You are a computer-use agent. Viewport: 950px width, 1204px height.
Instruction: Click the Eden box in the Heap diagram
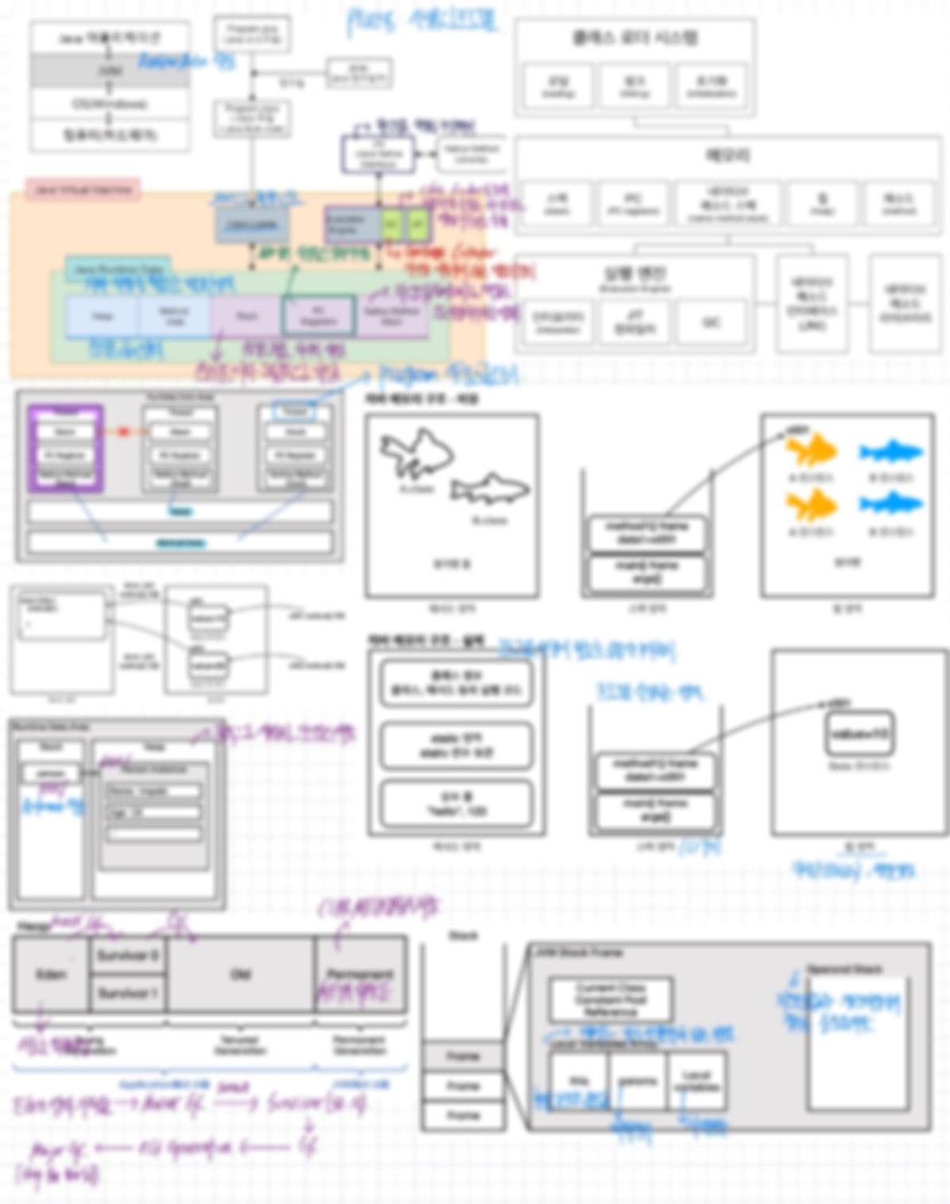click(50, 974)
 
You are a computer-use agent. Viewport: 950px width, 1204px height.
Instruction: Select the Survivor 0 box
click(127, 955)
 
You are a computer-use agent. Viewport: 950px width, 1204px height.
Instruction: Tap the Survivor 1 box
click(127, 993)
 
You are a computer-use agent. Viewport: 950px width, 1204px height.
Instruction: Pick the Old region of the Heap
click(240, 974)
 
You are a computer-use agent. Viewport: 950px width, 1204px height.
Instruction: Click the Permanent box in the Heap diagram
click(361, 974)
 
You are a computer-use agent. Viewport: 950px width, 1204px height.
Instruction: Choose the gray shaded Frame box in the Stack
click(462, 1056)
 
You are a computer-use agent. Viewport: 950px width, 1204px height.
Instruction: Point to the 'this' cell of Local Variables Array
click(579, 1081)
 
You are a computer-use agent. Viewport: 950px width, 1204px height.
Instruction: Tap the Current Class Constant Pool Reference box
click(610, 999)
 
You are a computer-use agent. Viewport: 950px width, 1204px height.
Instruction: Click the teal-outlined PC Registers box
click(318, 315)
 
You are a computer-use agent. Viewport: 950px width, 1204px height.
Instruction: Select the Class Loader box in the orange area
click(252, 226)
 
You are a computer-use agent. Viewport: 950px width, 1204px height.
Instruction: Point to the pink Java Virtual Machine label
click(83, 190)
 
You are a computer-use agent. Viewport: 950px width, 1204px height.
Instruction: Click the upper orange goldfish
click(811, 450)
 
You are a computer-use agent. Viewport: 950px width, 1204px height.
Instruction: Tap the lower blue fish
click(890, 504)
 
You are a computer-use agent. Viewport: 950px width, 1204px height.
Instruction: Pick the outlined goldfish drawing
click(416, 452)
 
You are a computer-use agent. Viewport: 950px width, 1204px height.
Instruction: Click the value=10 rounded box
click(859, 734)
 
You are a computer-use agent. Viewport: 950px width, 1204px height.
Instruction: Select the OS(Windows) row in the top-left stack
click(110, 104)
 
